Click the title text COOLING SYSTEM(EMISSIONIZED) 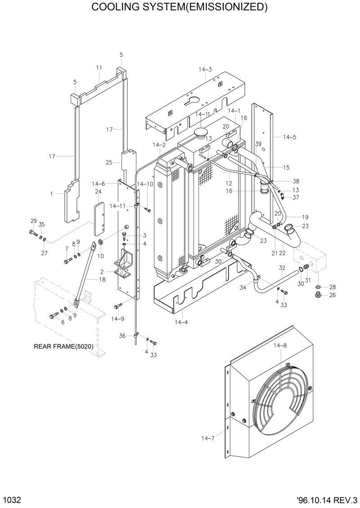pyautogui.click(x=180, y=7)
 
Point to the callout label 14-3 pyautogui.click(x=205, y=69)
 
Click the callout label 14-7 pyautogui.click(x=208, y=437)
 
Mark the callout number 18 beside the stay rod pyautogui.click(x=102, y=280)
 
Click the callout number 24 pyautogui.click(x=98, y=192)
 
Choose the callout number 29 pyautogui.click(x=33, y=220)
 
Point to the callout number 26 pyautogui.click(x=333, y=296)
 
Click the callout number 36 pyautogui.click(x=122, y=336)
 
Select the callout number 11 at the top pyautogui.click(x=99, y=67)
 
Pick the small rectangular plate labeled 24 pyautogui.click(x=99, y=219)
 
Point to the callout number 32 pyautogui.click(x=282, y=268)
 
